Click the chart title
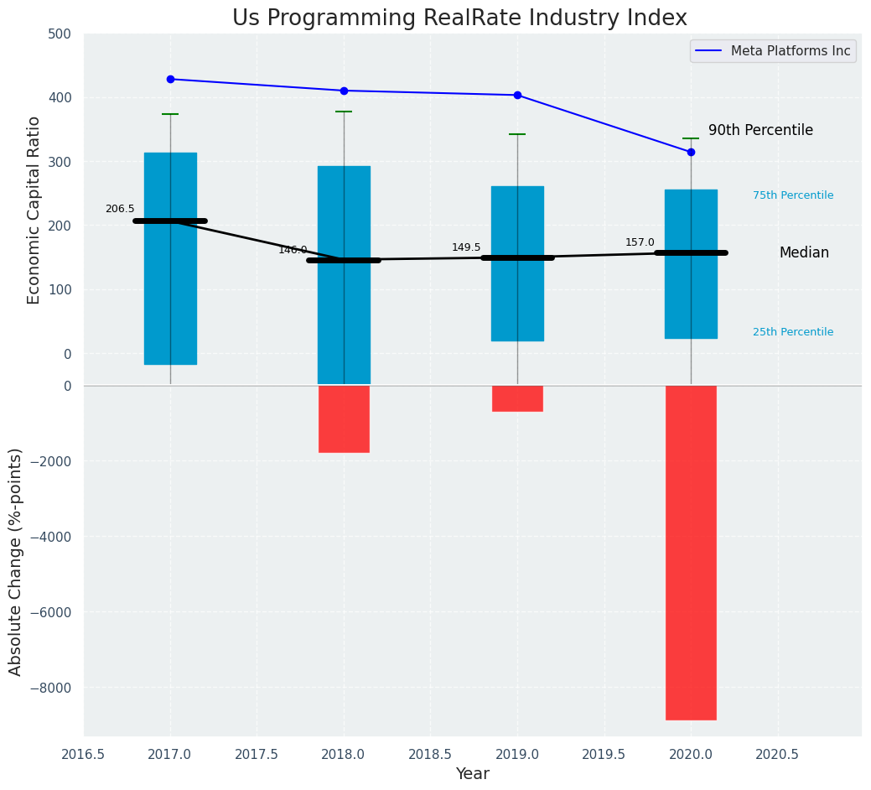459,18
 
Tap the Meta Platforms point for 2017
170,79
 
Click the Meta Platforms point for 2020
691,152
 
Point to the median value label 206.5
120,209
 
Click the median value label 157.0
640,242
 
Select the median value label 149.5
466,247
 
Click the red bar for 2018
344,418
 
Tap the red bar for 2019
517,398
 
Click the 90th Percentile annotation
760,130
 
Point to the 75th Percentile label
793,195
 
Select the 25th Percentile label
793,332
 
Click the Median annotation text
804,252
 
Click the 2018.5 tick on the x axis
430,754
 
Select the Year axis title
472,774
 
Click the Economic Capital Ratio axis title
34,210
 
